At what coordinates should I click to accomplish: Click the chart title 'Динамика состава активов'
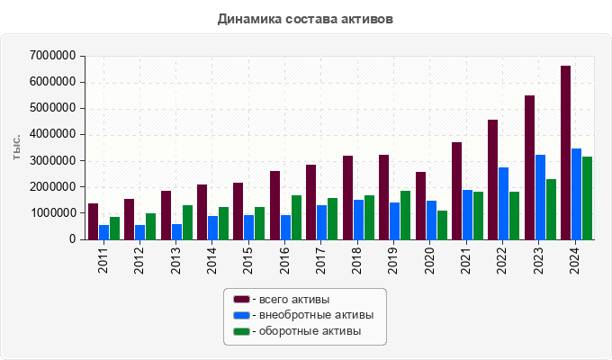[305, 18]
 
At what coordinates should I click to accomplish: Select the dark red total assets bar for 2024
[565, 153]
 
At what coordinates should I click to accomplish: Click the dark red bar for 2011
[93, 221]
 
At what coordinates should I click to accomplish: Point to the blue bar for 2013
[176, 231]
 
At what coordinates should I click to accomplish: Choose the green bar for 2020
[442, 225]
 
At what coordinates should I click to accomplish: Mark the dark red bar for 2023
[529, 167]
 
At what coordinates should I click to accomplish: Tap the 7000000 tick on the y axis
[52, 56]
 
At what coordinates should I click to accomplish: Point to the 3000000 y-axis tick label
[52, 161]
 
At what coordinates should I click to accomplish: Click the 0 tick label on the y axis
[71, 239]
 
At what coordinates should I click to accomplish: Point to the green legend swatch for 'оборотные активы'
[241, 332]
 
